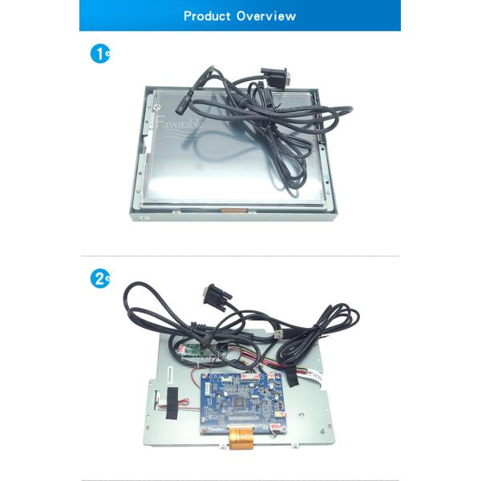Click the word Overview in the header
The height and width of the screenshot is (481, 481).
[266, 16]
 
